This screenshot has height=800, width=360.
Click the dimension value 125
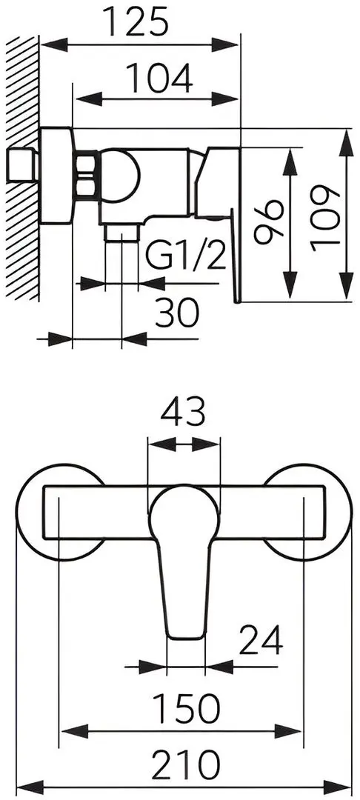pyautogui.click(x=136, y=21)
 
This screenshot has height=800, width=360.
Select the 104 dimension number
pyautogui.click(x=159, y=78)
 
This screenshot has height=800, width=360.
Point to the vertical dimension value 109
pyautogui.click(x=325, y=219)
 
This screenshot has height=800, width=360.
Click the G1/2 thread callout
pyautogui.click(x=186, y=255)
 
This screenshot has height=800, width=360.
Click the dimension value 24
pyautogui.click(x=261, y=640)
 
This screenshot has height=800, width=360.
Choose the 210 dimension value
pyautogui.click(x=186, y=764)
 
